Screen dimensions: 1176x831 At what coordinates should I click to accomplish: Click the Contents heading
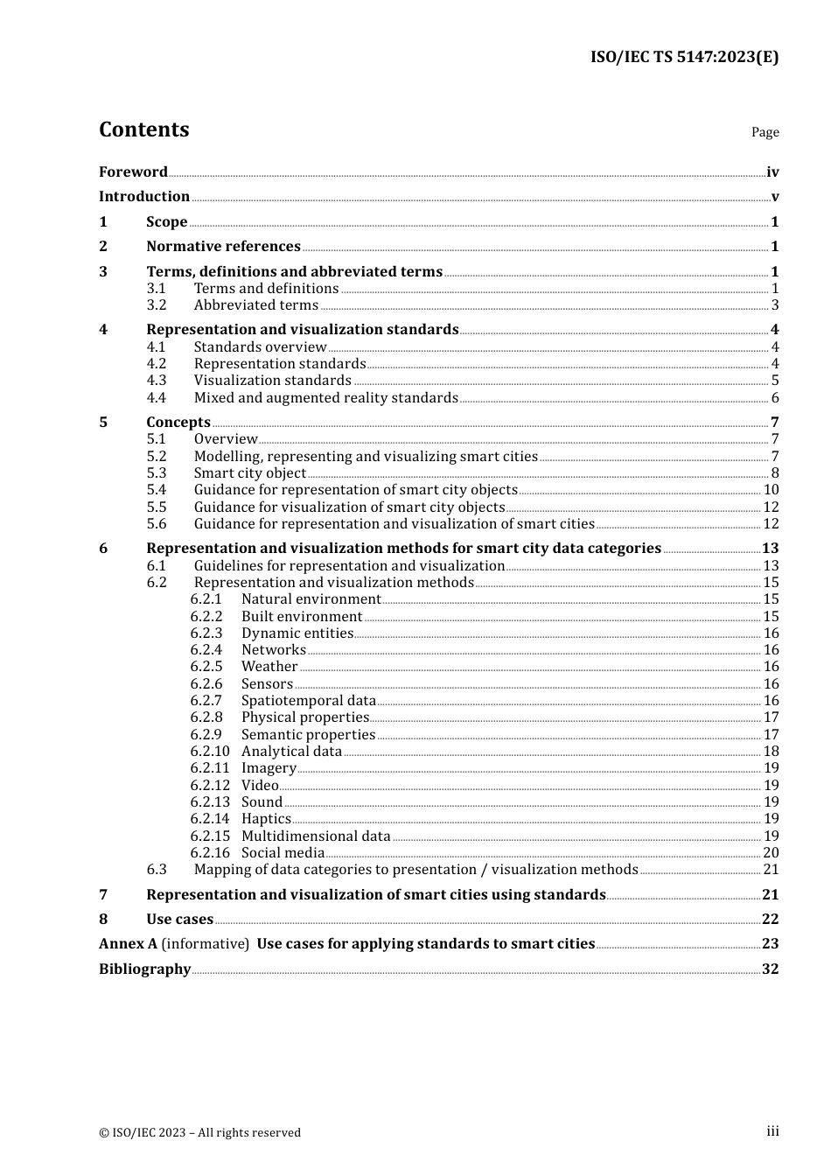(143, 129)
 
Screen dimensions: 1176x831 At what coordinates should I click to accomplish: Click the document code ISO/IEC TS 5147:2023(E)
(683, 58)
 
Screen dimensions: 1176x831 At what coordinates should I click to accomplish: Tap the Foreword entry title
(133, 172)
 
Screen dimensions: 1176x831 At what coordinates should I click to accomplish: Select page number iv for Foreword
(772, 172)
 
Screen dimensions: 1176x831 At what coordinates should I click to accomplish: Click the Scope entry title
(166, 222)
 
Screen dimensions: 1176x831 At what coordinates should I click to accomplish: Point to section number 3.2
(157, 305)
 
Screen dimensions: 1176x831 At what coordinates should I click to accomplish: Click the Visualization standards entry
(272, 381)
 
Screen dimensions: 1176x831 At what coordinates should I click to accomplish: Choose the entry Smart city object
(249, 473)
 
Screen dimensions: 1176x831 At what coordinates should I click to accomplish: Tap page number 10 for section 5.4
(771, 490)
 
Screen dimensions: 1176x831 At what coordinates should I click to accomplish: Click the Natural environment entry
(311, 599)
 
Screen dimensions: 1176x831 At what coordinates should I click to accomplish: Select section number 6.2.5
(206, 667)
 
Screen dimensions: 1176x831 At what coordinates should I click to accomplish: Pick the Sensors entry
(267, 684)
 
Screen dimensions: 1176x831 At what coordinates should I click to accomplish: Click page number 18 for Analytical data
(771, 752)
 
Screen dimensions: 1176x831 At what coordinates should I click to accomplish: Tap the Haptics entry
(266, 819)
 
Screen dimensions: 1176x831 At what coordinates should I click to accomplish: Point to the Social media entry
(283, 853)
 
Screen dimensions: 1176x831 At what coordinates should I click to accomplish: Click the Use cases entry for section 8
(179, 920)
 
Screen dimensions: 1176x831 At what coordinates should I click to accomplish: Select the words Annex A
(128, 944)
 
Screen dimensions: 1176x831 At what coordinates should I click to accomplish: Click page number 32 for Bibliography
(770, 969)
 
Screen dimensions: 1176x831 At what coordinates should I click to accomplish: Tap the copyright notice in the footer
(199, 1132)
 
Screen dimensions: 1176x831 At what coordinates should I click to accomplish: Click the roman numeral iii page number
(772, 1131)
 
